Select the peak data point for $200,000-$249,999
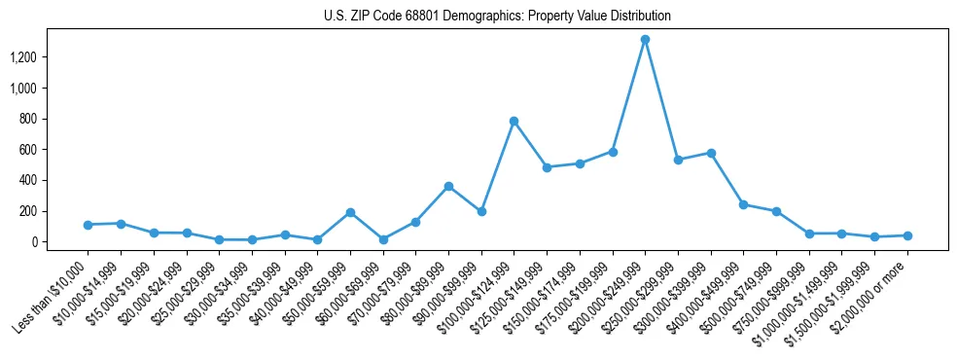[x=645, y=40]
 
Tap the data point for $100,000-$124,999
[x=514, y=121]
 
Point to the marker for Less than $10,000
[x=88, y=225]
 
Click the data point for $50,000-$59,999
[x=350, y=212]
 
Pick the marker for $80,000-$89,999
[x=448, y=186]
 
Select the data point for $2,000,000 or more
[x=907, y=235]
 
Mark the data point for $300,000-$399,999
[x=711, y=153]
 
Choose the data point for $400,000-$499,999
[x=743, y=204]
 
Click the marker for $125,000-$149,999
[x=547, y=167]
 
